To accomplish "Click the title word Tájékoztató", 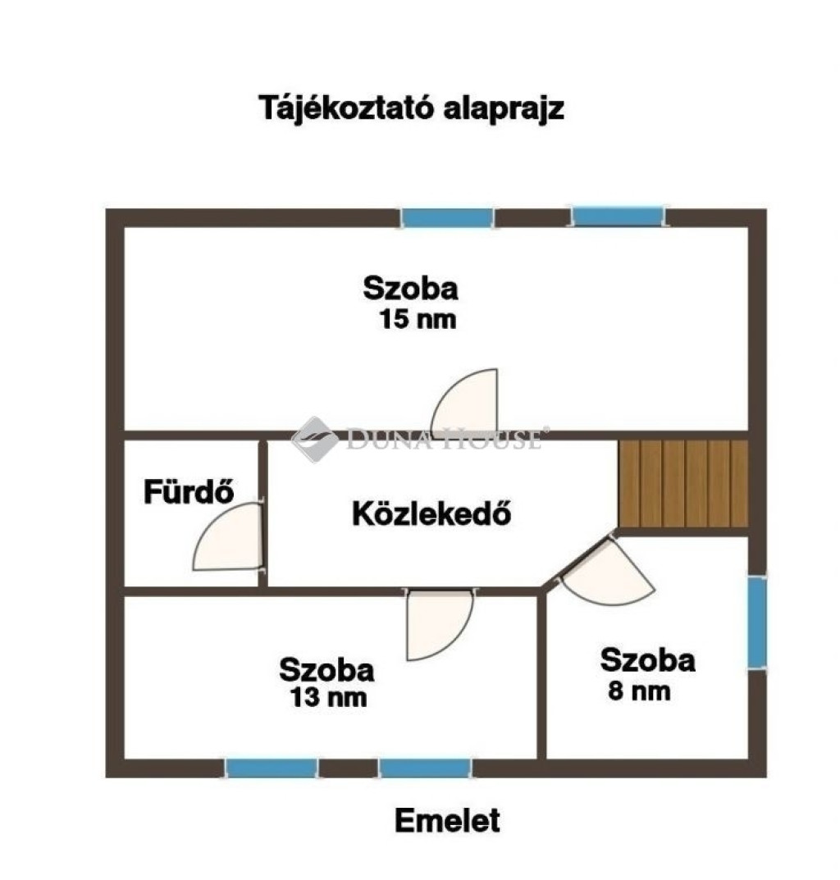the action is (346, 108).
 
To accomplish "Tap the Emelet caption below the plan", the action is (447, 820).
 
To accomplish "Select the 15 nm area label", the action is (418, 319).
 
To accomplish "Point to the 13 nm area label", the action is (328, 698).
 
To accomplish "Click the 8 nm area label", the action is (639, 691).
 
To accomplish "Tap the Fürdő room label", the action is (189, 491).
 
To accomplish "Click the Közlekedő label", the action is (431, 513).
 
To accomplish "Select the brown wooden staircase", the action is (683, 483).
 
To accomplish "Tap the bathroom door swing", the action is (227, 537).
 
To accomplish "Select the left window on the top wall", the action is (448, 218).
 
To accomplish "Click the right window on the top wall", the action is (618, 217).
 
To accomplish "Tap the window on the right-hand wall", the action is (757, 622).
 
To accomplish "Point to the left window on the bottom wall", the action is (272, 768).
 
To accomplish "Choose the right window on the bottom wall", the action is (425, 768).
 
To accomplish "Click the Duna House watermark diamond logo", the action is (315, 439).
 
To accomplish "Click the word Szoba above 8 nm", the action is (647, 660).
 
